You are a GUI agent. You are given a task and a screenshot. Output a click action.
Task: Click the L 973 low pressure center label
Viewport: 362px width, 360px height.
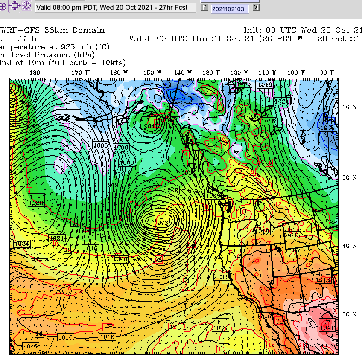point(163,222)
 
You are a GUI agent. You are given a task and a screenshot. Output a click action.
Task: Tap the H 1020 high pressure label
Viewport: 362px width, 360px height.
point(220,325)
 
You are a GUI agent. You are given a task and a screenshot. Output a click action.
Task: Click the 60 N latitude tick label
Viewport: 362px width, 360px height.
point(350,107)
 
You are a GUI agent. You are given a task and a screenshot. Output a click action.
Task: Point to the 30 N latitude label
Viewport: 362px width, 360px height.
point(350,314)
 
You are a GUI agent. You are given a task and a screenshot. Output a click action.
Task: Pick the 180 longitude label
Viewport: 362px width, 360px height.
point(34,73)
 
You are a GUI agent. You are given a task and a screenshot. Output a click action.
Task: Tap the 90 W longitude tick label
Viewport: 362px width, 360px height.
point(326,73)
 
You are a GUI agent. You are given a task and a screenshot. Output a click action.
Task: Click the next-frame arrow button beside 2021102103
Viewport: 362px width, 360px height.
point(256,7)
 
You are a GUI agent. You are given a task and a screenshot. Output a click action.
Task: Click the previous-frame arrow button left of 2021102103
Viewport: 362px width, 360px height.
point(205,7)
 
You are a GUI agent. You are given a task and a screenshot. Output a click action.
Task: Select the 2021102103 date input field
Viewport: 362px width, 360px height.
point(230,8)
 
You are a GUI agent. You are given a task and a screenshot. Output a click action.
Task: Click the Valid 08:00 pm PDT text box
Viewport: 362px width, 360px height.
point(116,7)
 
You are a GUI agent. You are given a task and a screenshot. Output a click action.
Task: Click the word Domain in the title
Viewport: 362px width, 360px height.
point(88,30)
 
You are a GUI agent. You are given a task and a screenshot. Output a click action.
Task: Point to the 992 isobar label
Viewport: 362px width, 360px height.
point(172,190)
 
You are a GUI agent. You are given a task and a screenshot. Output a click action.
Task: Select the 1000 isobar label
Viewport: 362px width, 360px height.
point(127,163)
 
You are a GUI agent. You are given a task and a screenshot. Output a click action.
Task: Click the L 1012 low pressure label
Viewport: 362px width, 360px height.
point(323,278)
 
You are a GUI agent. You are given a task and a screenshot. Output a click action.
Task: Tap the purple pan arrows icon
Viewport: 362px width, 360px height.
point(14,6)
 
